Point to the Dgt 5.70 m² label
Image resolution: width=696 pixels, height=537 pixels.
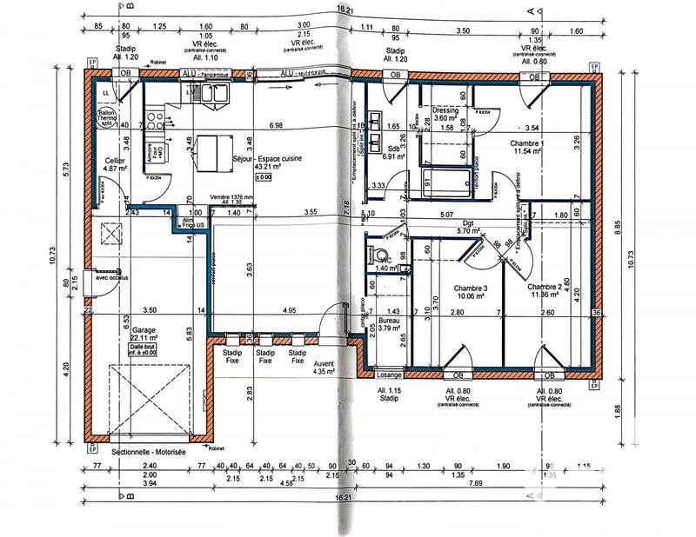(x=474, y=226)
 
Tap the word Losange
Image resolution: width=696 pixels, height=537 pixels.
(x=390, y=375)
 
